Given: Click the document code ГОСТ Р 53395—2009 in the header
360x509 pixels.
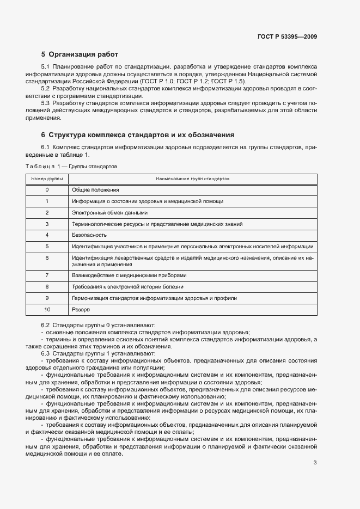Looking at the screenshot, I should coord(287,37).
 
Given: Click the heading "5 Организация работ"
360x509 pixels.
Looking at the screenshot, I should coord(80,54).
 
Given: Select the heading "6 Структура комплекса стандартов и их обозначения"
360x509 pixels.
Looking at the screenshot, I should coord(138,134).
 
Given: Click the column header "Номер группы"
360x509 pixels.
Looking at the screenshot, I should coord(47,179).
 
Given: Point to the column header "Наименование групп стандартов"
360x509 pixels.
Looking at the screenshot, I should coord(192,179).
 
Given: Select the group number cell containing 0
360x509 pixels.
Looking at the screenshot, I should coord(47,190).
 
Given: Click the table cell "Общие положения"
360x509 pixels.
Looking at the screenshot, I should coord(95,190).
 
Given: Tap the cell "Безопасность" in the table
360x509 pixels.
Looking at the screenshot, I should coord(89,235).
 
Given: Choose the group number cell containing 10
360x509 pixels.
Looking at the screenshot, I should coord(47,310).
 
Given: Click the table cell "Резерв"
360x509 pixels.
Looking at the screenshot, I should coord(82,310).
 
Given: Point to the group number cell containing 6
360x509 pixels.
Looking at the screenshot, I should coord(47,257).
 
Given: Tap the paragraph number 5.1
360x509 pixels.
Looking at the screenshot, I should coord(46,66).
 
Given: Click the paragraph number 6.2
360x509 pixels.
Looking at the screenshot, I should coord(46,324).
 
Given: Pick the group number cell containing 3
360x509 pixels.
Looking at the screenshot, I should coord(47,224).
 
